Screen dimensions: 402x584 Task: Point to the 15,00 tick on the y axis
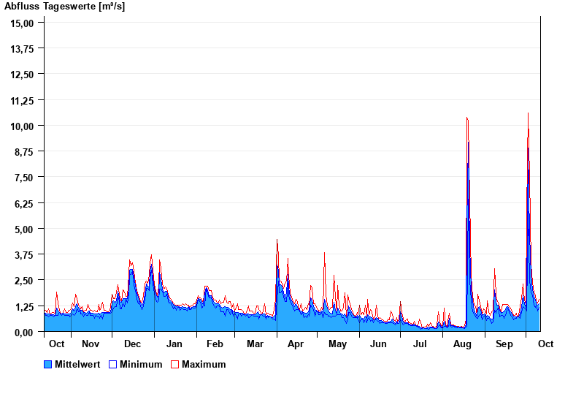tap(23, 23)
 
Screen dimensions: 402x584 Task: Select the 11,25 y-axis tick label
tap(23, 100)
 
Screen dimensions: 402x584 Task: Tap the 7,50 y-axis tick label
tap(23, 178)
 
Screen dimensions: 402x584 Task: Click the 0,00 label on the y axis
tap(23, 332)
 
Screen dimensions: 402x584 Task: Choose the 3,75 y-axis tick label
tap(23, 254)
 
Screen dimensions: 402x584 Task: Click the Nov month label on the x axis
tap(91, 344)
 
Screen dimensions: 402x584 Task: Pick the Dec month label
tap(132, 344)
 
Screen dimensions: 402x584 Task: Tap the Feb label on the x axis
tap(215, 344)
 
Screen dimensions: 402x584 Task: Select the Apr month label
tap(296, 344)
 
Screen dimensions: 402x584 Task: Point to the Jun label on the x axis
tap(378, 344)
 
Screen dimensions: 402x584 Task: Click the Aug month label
tap(462, 344)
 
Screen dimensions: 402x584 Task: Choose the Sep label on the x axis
tap(504, 344)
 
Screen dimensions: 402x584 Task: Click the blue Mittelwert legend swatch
tap(48, 364)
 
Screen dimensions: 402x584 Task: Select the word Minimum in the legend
tap(141, 364)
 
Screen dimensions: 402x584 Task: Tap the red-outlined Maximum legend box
tap(174, 364)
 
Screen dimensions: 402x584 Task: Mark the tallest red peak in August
tap(466, 118)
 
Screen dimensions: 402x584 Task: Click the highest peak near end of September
tap(528, 113)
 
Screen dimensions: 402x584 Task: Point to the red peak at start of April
tap(277, 240)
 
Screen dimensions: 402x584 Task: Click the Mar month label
tap(255, 344)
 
